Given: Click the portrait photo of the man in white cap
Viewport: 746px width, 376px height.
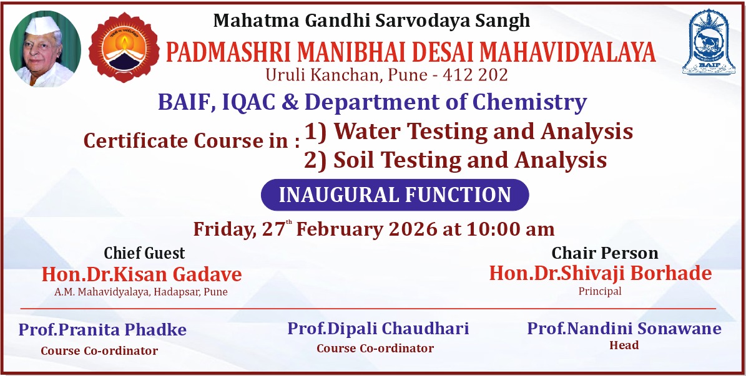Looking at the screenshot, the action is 45,49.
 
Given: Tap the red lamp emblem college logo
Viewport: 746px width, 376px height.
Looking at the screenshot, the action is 124,47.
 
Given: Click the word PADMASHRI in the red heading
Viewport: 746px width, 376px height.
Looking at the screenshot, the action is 227,52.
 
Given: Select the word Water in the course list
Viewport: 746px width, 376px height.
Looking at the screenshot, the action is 366,131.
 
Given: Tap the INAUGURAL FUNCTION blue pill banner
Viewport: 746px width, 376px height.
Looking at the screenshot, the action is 395,195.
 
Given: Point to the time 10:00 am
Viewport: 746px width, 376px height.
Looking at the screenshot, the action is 510,229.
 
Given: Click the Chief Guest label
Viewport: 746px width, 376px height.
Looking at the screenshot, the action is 145,253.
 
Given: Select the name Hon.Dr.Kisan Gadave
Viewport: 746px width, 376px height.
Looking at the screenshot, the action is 142,274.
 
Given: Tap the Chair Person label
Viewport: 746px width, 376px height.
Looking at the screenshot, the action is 605,253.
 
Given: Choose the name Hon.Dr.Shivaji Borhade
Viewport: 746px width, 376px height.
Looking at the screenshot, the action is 601,273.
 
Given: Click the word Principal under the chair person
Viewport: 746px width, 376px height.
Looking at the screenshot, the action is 600,291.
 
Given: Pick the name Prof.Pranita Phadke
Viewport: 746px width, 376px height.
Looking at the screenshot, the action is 102,329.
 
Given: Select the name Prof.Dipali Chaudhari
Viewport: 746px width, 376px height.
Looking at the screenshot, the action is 378,328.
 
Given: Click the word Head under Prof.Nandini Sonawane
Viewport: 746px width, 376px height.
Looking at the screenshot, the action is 624,345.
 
